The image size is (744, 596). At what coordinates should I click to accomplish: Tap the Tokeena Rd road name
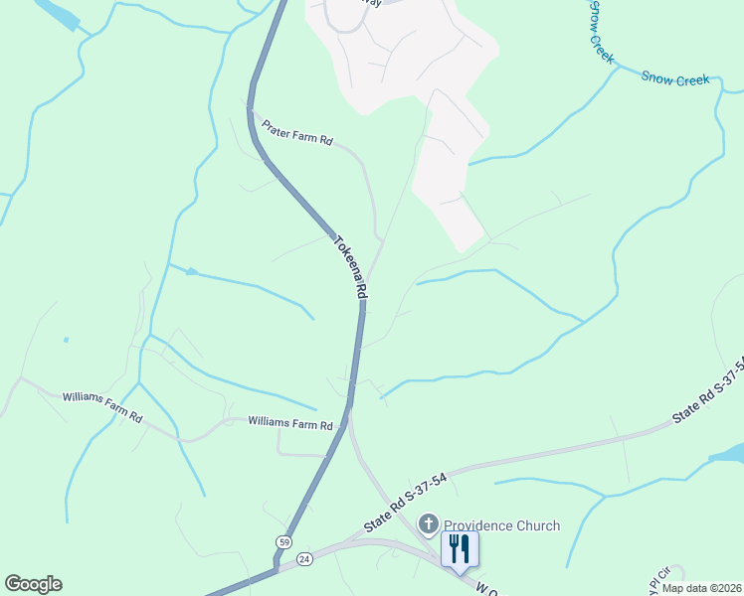[350, 267]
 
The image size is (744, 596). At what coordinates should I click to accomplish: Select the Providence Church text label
[501, 525]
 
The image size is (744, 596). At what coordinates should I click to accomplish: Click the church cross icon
[430, 523]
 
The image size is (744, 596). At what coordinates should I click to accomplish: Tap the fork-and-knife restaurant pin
[460, 548]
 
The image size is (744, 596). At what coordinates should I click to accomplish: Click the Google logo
[33, 584]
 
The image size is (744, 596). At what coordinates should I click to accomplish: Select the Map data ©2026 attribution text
[700, 588]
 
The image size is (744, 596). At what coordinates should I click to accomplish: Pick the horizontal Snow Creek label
[675, 77]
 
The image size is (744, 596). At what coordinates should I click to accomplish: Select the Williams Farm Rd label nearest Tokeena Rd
[289, 424]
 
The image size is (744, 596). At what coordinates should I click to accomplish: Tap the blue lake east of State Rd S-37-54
[729, 454]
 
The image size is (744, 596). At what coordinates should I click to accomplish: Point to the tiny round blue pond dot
[66, 340]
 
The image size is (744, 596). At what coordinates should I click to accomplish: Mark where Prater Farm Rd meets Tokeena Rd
[252, 118]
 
